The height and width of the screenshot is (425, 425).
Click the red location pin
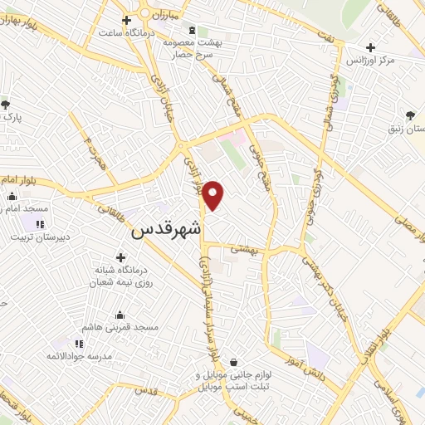click(x=214, y=193)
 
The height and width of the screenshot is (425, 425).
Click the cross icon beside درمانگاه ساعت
click(x=126, y=20)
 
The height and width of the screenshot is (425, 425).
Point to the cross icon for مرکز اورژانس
click(x=370, y=47)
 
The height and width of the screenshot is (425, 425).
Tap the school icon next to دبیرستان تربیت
click(x=40, y=224)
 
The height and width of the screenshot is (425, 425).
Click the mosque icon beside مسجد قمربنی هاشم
click(x=120, y=315)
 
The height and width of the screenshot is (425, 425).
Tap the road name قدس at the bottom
click(x=145, y=389)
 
